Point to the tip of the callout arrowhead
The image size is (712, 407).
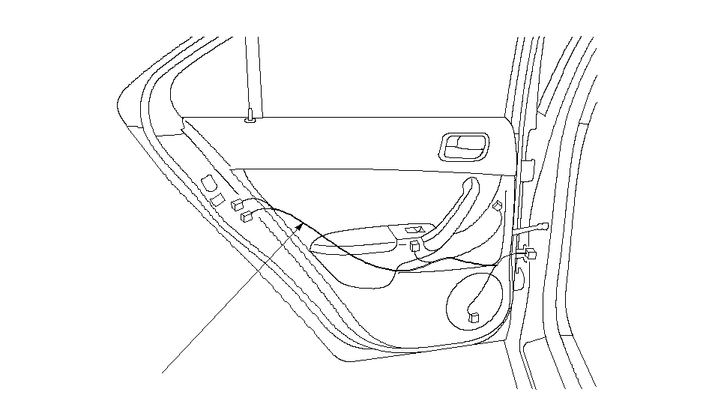[303, 223]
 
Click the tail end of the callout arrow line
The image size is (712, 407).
[163, 371]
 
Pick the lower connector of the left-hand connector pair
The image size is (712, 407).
[247, 217]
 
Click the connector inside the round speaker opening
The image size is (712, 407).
[473, 317]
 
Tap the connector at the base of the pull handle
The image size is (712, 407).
[415, 244]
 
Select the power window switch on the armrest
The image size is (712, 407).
[414, 231]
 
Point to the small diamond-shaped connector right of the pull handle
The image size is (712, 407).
[498, 205]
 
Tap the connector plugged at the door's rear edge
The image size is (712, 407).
[531, 253]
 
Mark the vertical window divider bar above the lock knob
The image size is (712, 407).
[253, 75]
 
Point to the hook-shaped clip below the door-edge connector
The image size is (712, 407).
[519, 274]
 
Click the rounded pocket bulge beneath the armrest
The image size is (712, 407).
[367, 274]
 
